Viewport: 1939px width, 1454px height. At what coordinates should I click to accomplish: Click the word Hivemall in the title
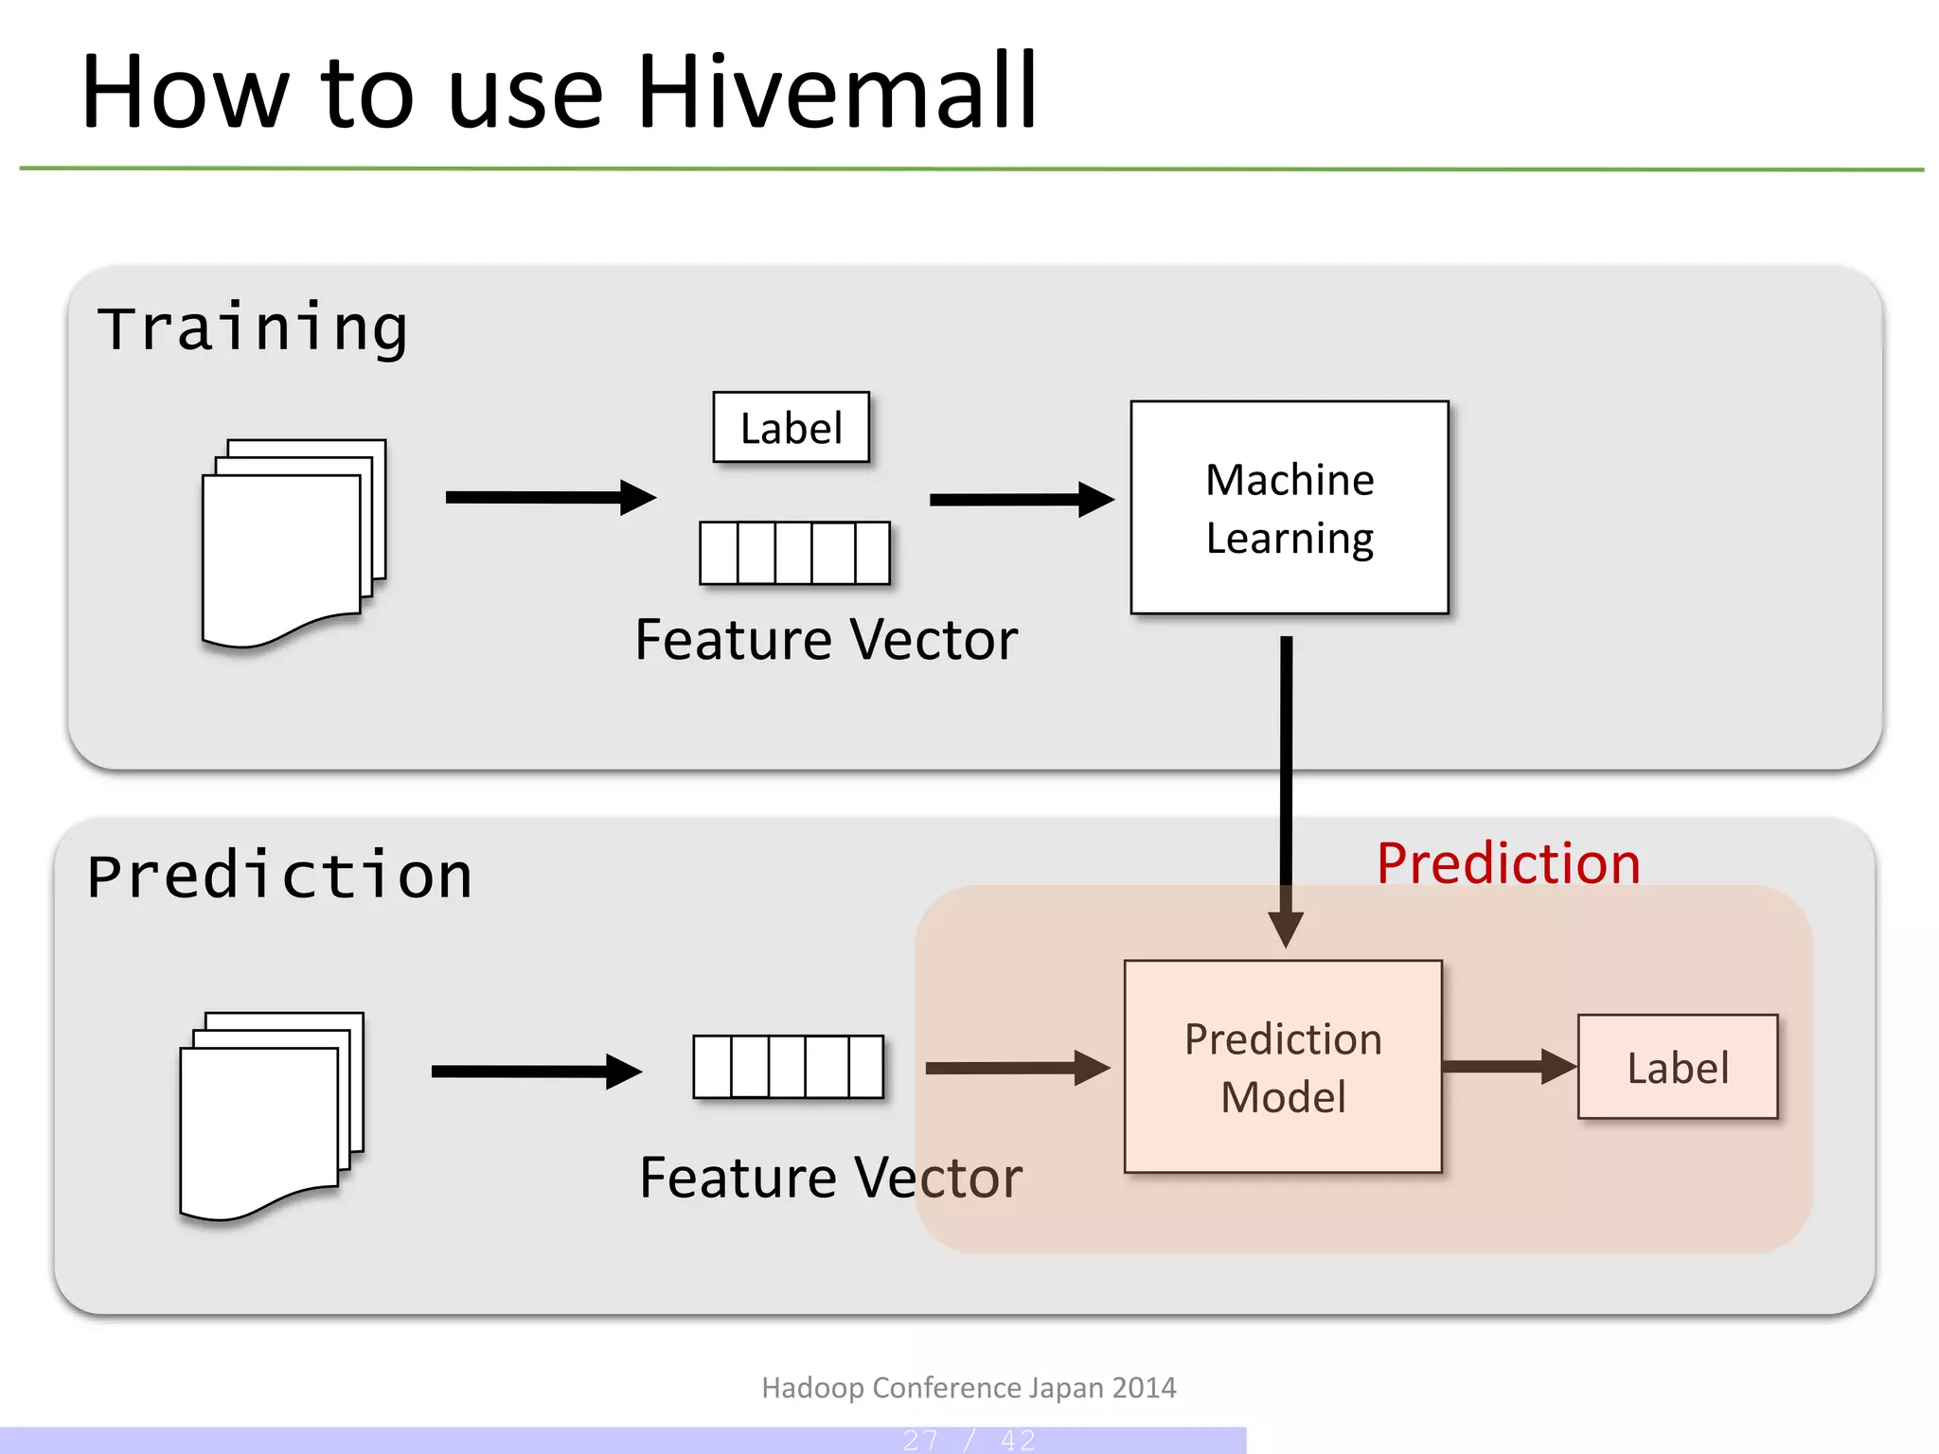[x=837, y=93]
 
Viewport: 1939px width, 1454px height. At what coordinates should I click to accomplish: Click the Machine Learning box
[x=1289, y=508]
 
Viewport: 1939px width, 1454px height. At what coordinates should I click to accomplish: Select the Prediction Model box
[x=1283, y=1067]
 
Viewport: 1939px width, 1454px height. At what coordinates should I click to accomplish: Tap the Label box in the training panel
[x=791, y=428]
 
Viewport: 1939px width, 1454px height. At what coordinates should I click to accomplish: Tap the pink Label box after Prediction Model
[x=1677, y=1067]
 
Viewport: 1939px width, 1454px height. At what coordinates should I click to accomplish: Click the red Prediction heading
[x=1507, y=863]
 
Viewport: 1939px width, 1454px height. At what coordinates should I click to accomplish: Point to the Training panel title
[x=252, y=328]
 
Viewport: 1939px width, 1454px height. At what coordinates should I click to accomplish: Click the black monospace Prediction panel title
[x=279, y=876]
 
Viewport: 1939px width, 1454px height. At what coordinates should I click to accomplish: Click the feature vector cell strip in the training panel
[x=794, y=553]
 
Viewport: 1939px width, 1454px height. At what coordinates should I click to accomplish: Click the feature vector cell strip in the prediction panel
[x=788, y=1067]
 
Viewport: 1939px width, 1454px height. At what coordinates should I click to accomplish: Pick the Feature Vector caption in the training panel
[x=826, y=640]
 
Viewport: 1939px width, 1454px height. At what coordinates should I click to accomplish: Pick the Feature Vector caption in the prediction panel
[x=830, y=1178]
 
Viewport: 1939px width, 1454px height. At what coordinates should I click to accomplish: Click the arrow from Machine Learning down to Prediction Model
[x=1286, y=786]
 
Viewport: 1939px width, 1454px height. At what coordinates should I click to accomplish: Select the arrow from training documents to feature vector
[x=550, y=497]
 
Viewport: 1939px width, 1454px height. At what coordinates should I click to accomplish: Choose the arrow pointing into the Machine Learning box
[x=1021, y=500]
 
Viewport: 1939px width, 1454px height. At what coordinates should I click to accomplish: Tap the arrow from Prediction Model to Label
[x=1508, y=1066]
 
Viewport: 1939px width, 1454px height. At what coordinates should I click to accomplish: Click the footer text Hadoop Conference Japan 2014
[x=969, y=1388]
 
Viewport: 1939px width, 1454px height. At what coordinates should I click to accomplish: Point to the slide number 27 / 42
[x=969, y=1440]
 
